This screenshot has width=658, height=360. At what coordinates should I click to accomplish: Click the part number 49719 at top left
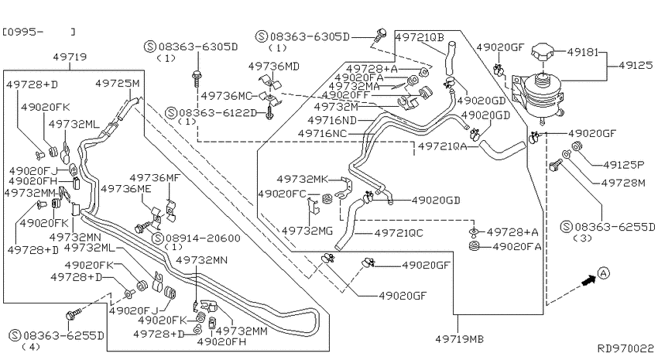click(x=70, y=57)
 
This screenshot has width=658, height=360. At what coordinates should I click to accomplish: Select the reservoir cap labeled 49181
click(x=543, y=53)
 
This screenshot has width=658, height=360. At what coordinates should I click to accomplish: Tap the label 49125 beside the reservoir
click(x=636, y=65)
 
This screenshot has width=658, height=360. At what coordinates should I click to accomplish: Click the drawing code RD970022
click(x=625, y=348)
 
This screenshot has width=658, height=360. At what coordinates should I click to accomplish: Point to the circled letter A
click(x=603, y=273)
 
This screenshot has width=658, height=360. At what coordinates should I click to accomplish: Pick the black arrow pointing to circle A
click(x=589, y=280)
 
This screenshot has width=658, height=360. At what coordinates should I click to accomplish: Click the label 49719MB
click(x=459, y=338)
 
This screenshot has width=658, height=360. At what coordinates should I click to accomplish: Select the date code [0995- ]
click(x=39, y=32)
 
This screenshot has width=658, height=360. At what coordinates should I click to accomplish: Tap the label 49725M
click(x=117, y=83)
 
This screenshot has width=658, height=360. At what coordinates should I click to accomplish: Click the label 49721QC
click(x=399, y=233)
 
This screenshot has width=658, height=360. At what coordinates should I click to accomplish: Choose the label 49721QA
click(x=443, y=146)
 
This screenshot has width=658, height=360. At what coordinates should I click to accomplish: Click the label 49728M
click(x=623, y=183)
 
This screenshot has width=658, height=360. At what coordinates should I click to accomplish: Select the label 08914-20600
click(x=203, y=238)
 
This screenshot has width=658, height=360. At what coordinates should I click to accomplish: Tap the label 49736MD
click(x=273, y=66)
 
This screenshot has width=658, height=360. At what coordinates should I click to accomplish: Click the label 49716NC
click(x=323, y=133)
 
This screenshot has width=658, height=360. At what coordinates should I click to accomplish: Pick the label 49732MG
click(x=307, y=231)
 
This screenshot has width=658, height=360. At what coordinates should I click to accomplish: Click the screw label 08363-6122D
click(x=218, y=113)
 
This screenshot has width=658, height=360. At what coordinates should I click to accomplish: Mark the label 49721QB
click(x=420, y=37)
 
